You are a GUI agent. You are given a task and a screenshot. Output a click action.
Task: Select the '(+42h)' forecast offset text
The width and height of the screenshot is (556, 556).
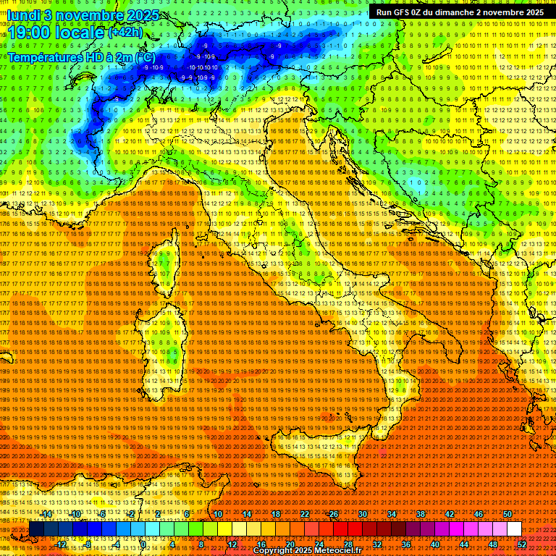(125, 33)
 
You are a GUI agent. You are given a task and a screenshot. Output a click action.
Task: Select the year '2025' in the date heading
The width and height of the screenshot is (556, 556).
(144, 15)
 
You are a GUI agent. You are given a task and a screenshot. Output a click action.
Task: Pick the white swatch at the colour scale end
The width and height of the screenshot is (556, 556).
(514, 529)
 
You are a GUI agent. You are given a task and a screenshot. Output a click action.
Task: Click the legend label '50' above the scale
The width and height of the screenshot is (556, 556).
(507, 514)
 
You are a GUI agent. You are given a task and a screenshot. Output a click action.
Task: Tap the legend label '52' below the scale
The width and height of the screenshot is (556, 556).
(522, 544)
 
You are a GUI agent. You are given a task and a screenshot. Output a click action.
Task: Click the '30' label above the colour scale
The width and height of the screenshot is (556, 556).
(363, 514)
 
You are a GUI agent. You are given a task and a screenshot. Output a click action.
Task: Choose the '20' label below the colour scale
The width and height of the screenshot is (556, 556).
(290, 544)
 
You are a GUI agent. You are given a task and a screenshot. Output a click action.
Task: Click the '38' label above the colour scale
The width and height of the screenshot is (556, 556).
(421, 514)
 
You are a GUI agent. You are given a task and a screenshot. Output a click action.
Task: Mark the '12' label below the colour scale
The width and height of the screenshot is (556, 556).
(232, 544)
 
